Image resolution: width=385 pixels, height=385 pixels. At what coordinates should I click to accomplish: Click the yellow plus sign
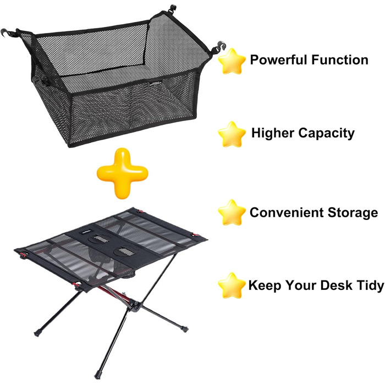123,173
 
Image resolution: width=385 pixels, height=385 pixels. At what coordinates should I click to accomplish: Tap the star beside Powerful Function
232,62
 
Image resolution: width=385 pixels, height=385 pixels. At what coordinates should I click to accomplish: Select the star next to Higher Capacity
232,134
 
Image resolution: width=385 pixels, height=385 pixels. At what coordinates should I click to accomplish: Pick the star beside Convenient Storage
232,212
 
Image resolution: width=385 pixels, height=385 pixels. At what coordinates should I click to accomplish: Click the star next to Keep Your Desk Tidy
232,285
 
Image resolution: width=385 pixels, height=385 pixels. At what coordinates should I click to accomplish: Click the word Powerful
279,59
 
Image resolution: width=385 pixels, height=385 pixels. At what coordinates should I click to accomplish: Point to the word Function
340,59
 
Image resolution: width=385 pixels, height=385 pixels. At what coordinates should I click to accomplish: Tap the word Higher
273,133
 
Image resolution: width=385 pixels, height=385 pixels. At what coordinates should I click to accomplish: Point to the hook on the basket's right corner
220,46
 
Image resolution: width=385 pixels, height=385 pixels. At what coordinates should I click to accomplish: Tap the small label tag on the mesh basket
156,83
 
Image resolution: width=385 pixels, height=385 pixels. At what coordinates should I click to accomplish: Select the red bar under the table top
115,294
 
